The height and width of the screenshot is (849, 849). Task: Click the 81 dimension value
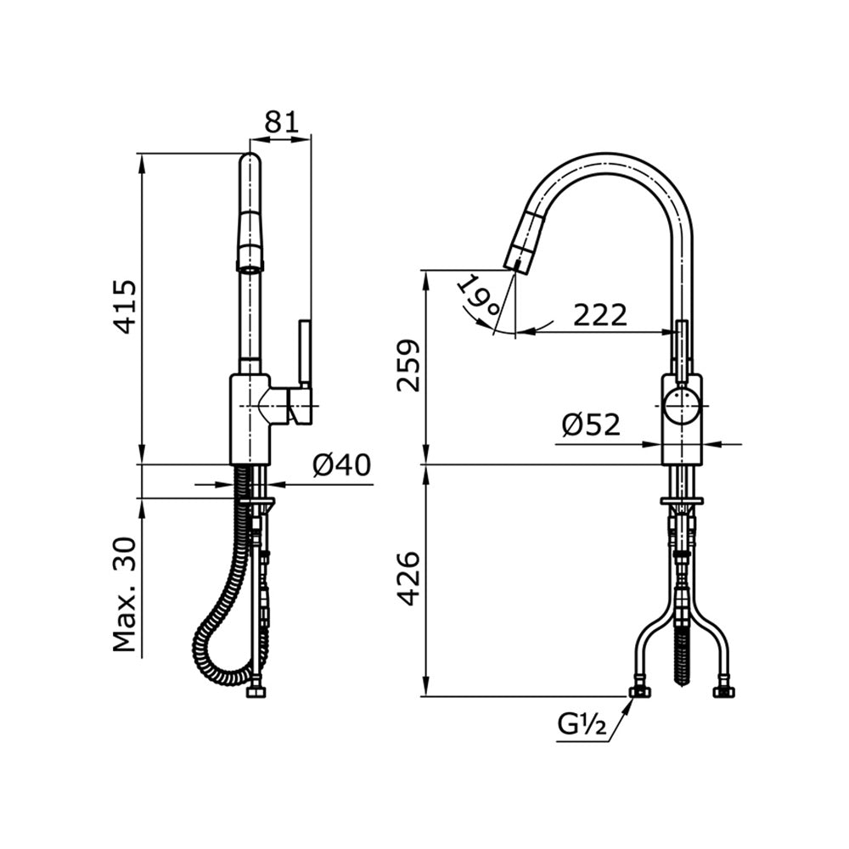tap(282, 122)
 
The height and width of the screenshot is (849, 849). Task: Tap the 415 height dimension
tap(127, 306)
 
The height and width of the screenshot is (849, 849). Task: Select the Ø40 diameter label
tap(341, 465)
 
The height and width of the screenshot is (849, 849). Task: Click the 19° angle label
tap(476, 297)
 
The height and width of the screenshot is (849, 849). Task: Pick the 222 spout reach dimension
tap(600, 315)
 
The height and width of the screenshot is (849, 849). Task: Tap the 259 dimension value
tap(409, 365)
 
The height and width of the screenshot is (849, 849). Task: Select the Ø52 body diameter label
tap(590, 424)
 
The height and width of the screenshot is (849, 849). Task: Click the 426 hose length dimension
tap(409, 578)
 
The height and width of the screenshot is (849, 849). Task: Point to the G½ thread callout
tap(582, 724)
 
